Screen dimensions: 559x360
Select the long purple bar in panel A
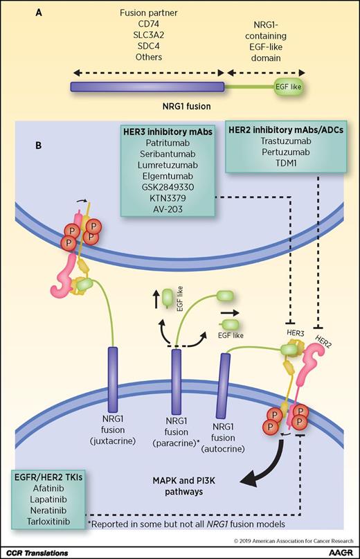147,87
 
